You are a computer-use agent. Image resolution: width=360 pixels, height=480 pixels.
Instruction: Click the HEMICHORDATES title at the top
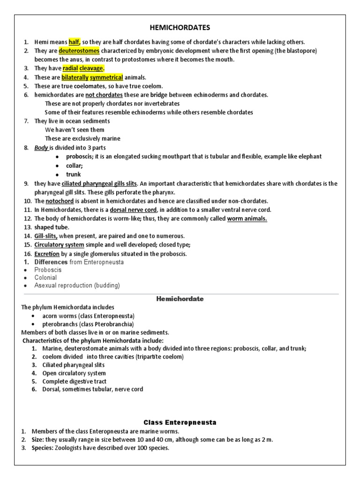pos(180,28)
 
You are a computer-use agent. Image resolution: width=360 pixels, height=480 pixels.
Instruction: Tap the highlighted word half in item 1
pos(75,42)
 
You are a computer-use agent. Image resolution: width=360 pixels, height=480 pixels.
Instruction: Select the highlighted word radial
pos(70,68)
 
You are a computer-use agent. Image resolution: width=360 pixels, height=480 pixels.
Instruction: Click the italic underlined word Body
pos(41,148)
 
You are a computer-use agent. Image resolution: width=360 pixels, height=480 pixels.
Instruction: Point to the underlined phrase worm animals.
pos(247,218)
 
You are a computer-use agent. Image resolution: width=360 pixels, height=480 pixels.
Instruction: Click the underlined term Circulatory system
pos(59,245)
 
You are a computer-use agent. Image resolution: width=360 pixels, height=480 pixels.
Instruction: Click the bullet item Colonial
pos(45,277)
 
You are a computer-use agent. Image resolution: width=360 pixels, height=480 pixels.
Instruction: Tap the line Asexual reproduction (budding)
pos(77,285)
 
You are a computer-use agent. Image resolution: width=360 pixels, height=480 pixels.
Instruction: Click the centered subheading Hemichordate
pos(180,299)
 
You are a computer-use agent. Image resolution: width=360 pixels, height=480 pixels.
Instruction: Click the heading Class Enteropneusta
pos(180,422)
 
